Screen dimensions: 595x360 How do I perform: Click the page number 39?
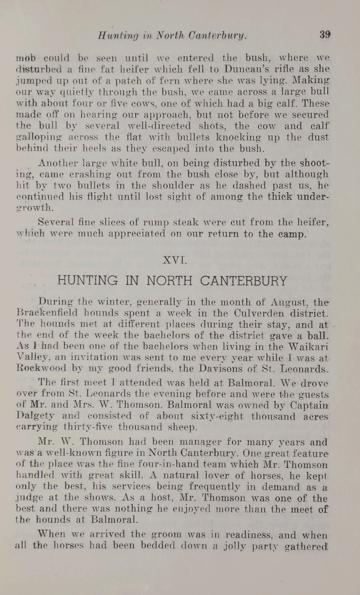325,35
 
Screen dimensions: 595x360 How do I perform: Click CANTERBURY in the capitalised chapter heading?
244,281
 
